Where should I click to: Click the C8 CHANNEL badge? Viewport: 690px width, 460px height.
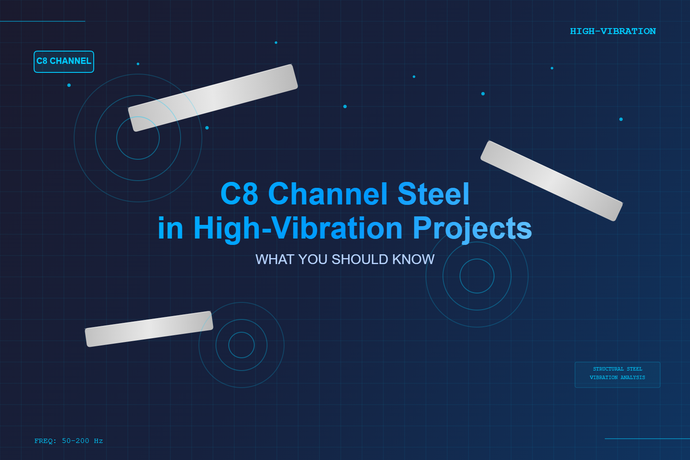coord(64,61)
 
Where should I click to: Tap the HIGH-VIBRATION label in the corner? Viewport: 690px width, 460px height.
coord(612,31)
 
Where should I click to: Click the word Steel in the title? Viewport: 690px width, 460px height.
coord(433,194)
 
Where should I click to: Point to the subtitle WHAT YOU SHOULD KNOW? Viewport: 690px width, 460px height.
coord(345,259)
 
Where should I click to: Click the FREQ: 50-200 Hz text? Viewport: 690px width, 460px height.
coord(69,441)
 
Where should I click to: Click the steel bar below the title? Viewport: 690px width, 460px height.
coord(149,329)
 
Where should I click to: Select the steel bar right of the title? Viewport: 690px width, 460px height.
coord(552,181)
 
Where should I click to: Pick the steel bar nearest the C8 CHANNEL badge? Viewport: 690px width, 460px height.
coord(213,98)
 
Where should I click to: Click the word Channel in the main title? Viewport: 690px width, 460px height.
coord(328,194)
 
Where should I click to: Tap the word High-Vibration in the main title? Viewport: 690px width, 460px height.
coord(298,228)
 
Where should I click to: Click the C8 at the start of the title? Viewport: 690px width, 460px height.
coord(239,194)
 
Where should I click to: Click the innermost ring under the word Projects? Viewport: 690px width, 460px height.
coord(477,276)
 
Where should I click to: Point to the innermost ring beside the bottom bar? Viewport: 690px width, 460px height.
coord(241,345)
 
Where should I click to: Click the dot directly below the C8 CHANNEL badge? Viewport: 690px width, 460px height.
coord(69,85)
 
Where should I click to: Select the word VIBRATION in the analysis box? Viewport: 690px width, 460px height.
coord(604,377)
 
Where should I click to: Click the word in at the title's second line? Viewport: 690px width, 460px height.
coord(170,228)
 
